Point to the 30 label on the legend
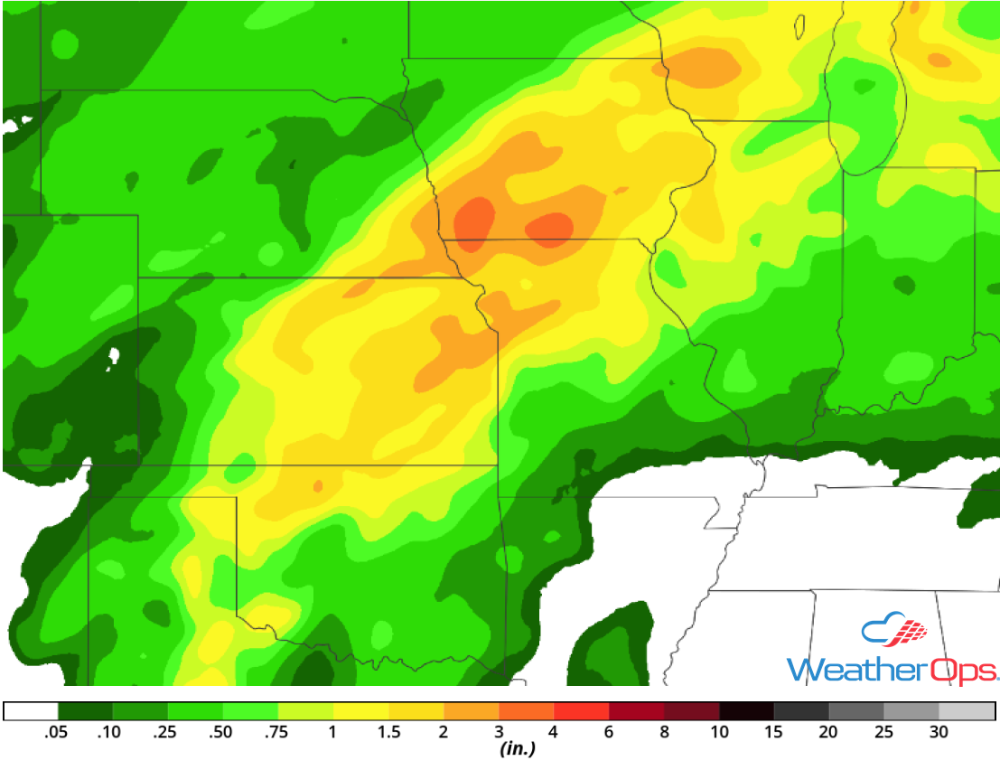coord(939,732)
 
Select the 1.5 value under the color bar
coord(388,732)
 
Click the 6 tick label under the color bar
coord(609,732)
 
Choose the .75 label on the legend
coord(277,732)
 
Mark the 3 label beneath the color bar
coord(499,732)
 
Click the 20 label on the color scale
coord(828,732)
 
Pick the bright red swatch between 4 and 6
coord(581,711)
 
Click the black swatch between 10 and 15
coord(746,711)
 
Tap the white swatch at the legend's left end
coord(31,711)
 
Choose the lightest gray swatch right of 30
coord(967,711)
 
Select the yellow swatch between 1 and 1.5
coord(360,711)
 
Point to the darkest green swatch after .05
coord(85,711)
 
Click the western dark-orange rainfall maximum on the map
coord(474,221)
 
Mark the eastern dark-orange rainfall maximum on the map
coord(550,228)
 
